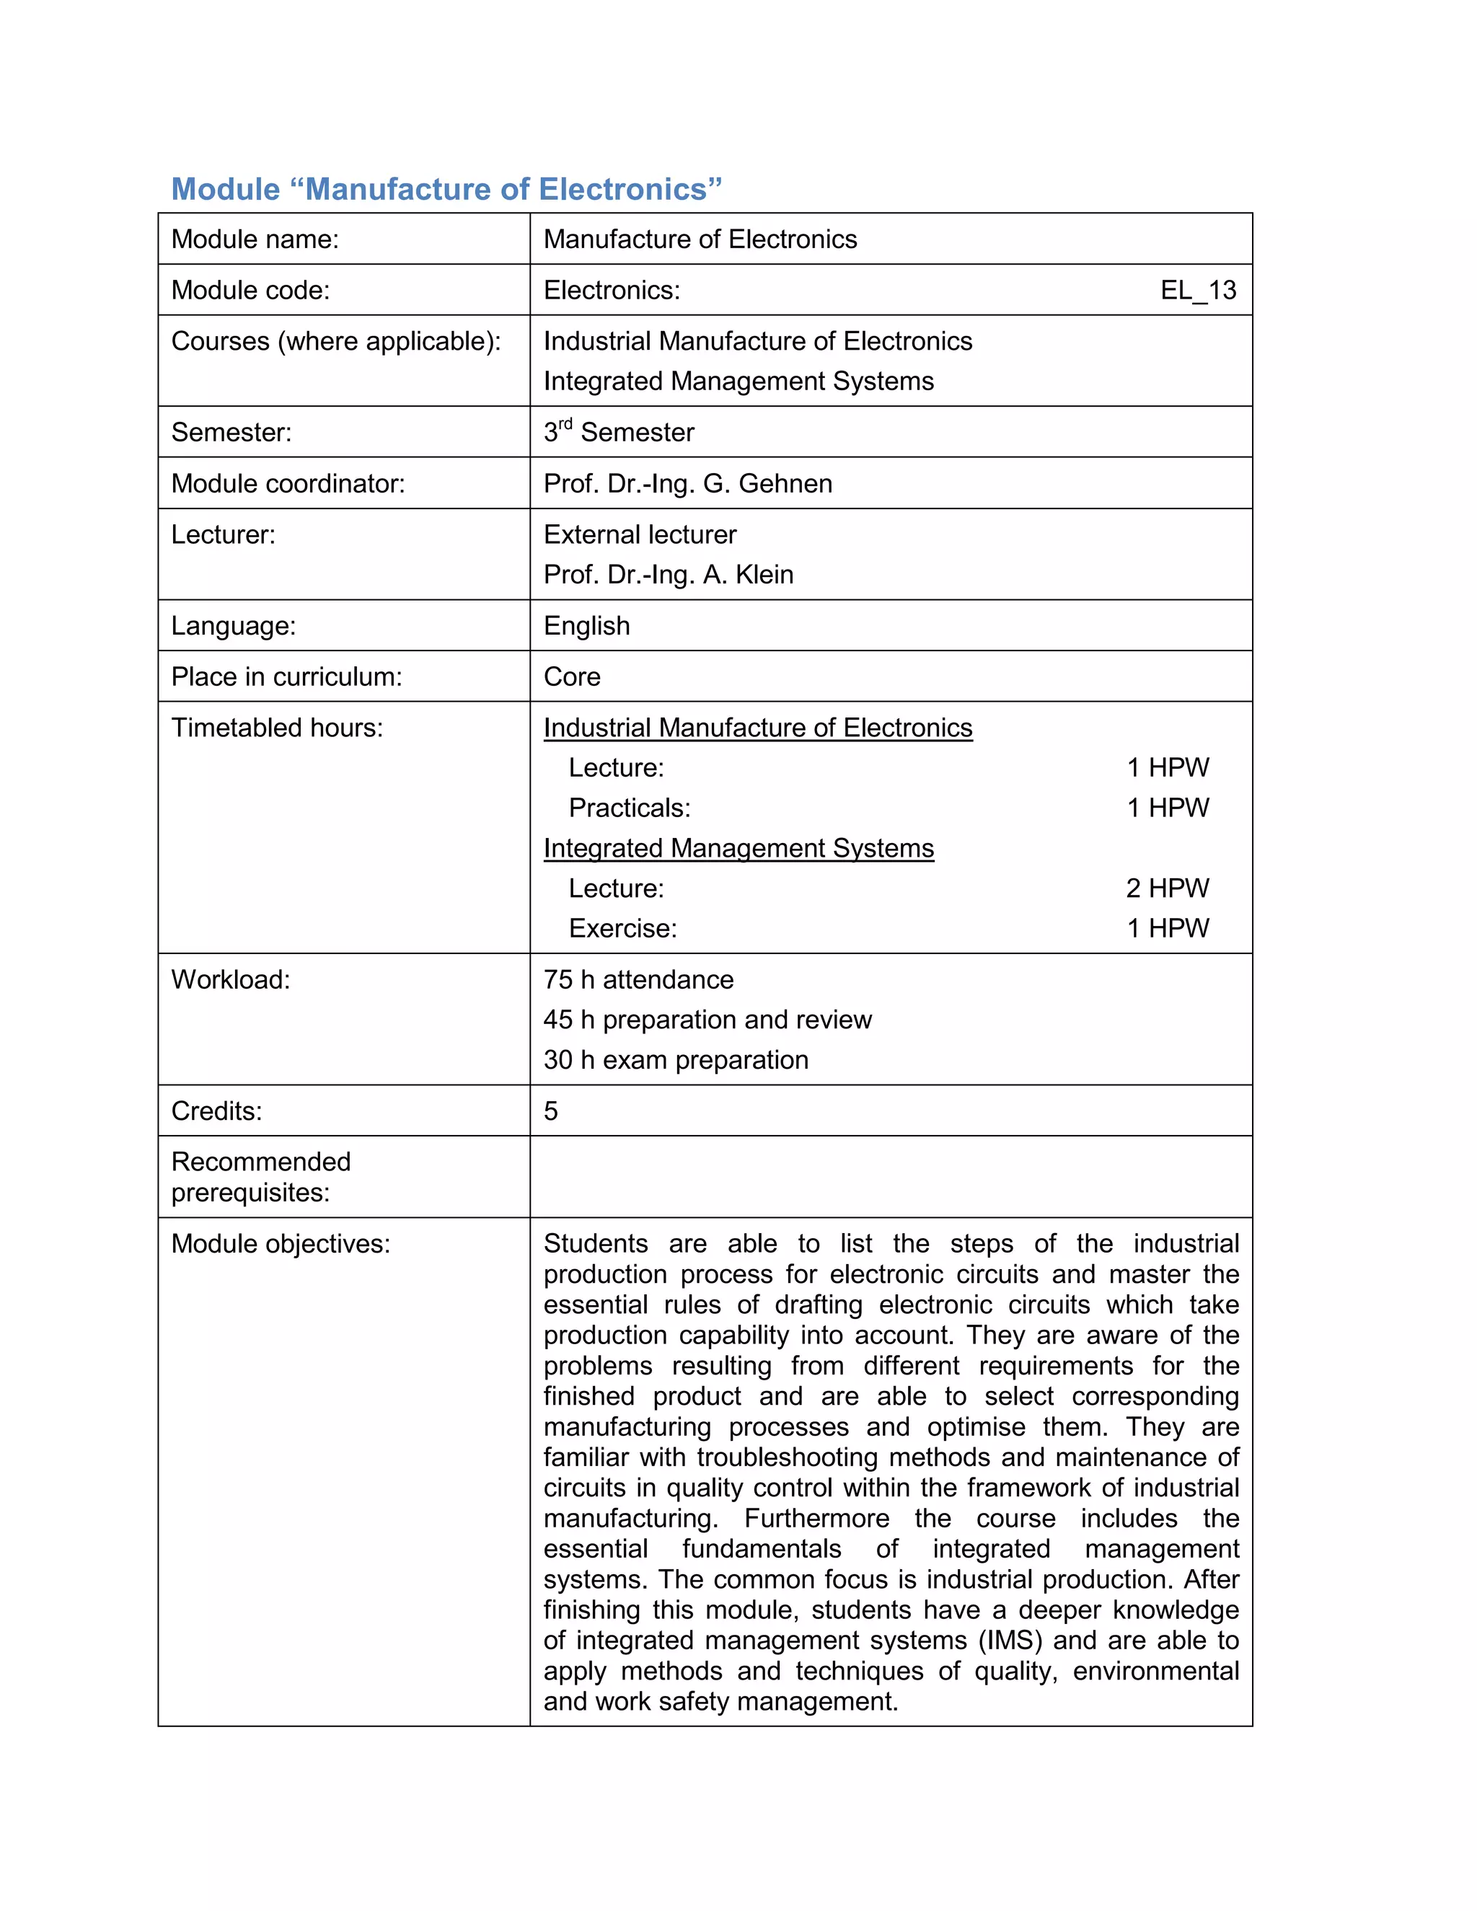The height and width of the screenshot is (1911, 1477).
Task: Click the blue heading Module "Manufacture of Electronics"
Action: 446,190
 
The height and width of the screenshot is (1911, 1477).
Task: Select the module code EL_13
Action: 1198,291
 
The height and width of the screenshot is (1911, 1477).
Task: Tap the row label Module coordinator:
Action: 288,484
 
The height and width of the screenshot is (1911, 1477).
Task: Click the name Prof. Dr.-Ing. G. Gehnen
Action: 688,484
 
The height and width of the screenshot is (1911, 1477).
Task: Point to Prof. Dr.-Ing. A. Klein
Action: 669,575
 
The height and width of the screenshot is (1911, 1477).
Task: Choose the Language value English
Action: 586,626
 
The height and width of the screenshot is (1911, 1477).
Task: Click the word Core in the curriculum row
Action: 571,677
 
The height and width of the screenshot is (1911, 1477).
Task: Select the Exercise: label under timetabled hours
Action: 623,928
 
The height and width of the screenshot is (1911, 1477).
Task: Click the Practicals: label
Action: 629,808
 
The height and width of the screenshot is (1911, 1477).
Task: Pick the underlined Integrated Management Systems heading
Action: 738,848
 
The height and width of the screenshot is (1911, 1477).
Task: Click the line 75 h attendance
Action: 638,980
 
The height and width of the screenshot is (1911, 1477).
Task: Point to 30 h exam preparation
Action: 676,1061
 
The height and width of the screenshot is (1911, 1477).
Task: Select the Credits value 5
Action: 550,1111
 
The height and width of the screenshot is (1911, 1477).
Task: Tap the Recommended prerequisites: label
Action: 261,1177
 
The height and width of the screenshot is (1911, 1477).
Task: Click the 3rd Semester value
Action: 619,432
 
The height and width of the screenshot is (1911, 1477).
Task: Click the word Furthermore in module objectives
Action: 816,1518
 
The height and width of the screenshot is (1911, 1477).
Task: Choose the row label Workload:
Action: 230,980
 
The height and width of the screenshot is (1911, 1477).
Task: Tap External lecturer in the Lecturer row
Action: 640,534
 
